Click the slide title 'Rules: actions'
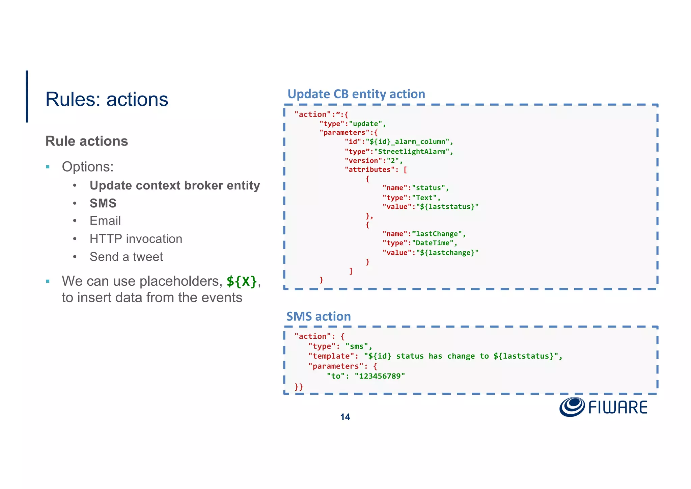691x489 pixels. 107,99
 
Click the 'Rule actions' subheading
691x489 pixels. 87,141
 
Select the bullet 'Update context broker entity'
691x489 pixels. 175,185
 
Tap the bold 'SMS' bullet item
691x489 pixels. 103,203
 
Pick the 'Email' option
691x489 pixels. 105,221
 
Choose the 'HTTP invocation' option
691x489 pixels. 136,239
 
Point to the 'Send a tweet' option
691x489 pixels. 126,257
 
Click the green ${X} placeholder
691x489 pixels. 242,281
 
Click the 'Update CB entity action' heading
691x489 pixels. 356,94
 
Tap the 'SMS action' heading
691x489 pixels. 319,316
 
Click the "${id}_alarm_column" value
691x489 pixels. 408,142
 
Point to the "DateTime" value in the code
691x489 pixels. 433,243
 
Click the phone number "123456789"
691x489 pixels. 380,376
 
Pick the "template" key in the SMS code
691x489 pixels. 329,356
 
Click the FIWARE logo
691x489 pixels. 603,407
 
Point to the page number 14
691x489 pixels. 345,417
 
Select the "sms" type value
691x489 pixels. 357,346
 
